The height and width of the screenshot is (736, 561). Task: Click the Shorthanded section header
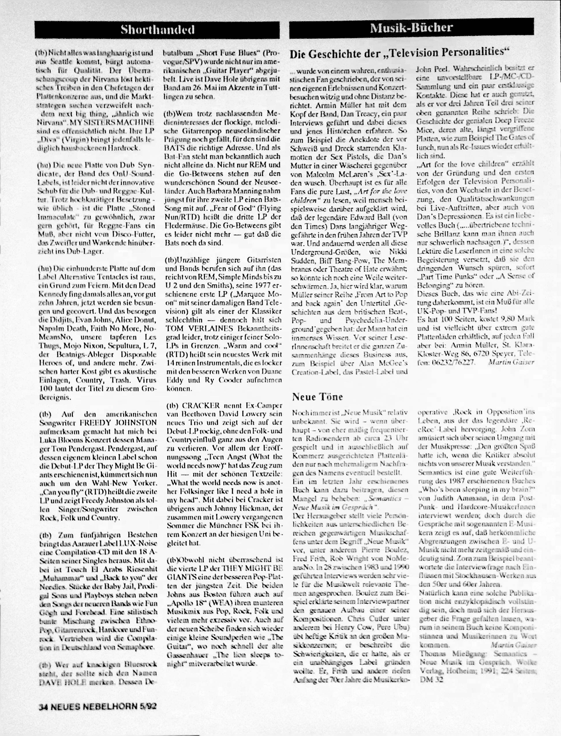point(157,30)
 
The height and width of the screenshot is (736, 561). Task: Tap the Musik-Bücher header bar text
point(412,28)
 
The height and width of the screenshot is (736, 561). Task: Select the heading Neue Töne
point(317,397)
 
